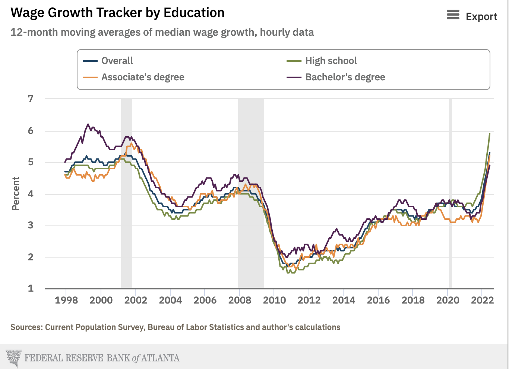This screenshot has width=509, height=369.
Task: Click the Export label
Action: click(481, 17)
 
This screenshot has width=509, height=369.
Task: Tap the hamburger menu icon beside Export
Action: click(453, 15)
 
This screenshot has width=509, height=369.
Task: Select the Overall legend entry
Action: click(117, 61)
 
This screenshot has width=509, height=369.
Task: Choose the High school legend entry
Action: click(331, 61)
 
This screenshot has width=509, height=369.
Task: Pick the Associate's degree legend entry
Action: click(142, 77)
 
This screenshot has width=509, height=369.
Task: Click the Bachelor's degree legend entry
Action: click(345, 77)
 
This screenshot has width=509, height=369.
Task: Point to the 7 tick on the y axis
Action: click(31, 99)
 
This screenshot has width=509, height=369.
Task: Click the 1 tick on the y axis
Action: click(31, 288)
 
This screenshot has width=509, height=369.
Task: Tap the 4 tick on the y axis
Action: click(31, 194)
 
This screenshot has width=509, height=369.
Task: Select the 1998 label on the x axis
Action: click(66, 300)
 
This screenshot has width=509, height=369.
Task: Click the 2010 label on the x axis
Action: click(274, 300)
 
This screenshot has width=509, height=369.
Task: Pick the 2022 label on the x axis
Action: click(482, 300)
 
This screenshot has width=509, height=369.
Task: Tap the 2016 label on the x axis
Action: click(378, 300)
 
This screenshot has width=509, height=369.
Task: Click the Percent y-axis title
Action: click(16, 193)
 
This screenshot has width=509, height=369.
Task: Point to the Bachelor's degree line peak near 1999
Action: click(88, 124)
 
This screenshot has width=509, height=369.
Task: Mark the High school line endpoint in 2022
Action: click(490, 134)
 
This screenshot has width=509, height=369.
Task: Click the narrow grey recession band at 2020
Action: click(450, 193)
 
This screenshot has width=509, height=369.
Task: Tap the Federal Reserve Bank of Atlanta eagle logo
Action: click(14, 358)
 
